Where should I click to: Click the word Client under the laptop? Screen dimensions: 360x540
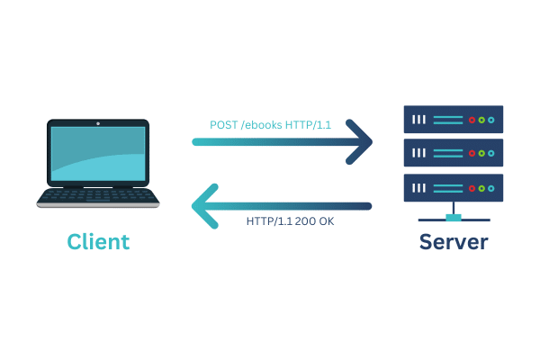[98, 242]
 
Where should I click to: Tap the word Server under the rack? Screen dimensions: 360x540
[454, 242]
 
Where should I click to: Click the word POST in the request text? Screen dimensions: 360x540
[224, 125]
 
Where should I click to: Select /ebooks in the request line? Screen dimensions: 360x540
[262, 125]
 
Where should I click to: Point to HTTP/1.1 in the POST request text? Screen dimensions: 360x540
[309, 125]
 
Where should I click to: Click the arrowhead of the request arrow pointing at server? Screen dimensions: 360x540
[362, 142]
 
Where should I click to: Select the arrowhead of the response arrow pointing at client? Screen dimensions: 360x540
[204, 205]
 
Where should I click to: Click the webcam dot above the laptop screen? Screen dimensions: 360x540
[98, 121]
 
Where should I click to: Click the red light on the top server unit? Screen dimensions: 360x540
[470, 120]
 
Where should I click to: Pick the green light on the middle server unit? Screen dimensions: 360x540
[481, 154]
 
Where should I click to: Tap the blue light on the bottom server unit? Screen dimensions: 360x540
[491, 188]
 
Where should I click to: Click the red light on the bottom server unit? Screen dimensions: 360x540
[470, 188]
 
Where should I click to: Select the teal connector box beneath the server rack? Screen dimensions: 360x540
[454, 217]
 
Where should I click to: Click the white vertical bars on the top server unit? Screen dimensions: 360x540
[418, 120]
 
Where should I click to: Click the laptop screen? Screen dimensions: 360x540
[98, 154]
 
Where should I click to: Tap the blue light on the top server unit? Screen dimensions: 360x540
[491, 120]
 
